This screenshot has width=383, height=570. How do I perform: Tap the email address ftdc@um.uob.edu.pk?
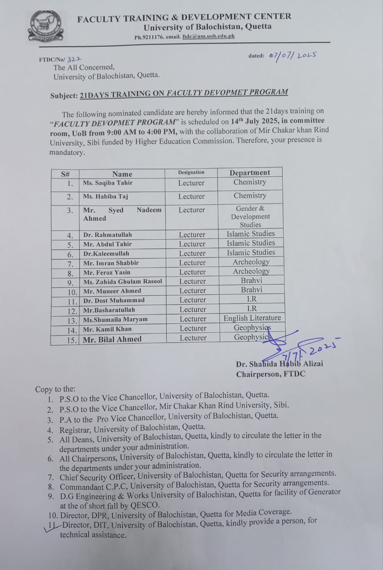click(x=208, y=37)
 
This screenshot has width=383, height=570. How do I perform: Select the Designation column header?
click(x=191, y=172)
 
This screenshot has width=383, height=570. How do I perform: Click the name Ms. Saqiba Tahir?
click(x=107, y=183)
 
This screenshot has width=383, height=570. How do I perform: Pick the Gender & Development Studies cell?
click(x=250, y=216)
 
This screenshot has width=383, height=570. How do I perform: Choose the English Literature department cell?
click(x=252, y=318)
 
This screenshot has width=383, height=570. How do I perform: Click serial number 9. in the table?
click(x=70, y=282)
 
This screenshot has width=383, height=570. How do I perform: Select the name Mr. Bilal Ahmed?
click(x=112, y=339)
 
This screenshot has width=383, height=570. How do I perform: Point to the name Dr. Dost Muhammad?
click(x=114, y=300)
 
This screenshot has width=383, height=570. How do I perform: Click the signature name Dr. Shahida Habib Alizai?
click(x=280, y=364)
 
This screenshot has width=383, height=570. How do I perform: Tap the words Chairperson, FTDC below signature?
click(x=271, y=374)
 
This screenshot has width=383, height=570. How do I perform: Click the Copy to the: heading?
click(x=55, y=389)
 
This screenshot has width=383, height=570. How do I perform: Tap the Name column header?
click(x=122, y=174)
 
